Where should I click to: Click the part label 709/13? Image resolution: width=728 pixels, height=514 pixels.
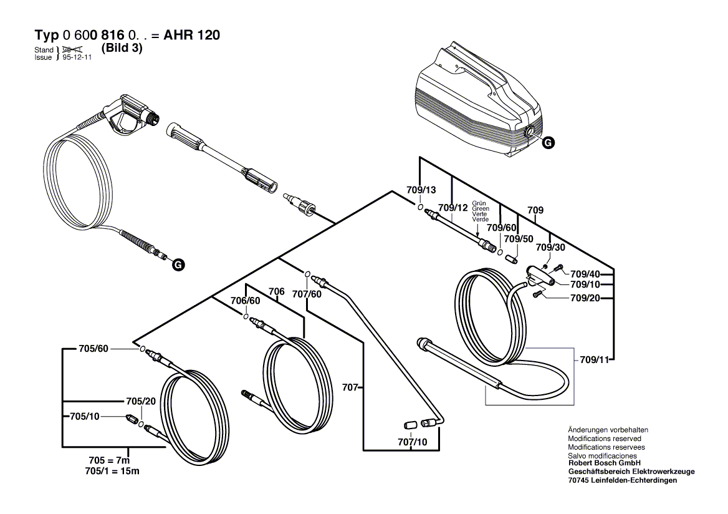pyautogui.click(x=421, y=191)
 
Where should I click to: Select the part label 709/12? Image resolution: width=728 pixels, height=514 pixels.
pyautogui.click(x=453, y=208)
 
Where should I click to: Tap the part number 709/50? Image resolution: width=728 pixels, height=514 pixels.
pyautogui.click(x=519, y=239)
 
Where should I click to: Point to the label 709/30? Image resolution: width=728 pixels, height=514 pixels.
pyautogui.click(x=551, y=248)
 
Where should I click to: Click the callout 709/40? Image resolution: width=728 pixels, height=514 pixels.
pyautogui.click(x=586, y=274)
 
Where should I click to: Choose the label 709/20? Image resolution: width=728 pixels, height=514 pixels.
pyautogui.click(x=586, y=298)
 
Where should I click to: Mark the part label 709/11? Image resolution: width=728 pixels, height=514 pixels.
pyautogui.click(x=595, y=360)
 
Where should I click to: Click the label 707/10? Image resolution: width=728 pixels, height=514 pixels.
pyautogui.click(x=413, y=442)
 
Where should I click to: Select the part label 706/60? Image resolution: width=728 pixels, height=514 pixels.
pyautogui.click(x=246, y=301)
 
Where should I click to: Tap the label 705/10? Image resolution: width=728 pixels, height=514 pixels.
pyautogui.click(x=85, y=417)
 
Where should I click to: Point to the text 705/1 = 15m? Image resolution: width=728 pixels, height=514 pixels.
pyautogui.click(x=112, y=472)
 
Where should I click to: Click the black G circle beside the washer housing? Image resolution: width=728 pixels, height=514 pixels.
pyautogui.click(x=548, y=143)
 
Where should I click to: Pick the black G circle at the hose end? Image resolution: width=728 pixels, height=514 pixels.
pyautogui.click(x=178, y=265)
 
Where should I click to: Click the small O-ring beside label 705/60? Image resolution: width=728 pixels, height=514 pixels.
pyautogui.click(x=143, y=349)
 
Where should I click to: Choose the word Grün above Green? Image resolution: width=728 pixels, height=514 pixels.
pyautogui.click(x=479, y=203)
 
